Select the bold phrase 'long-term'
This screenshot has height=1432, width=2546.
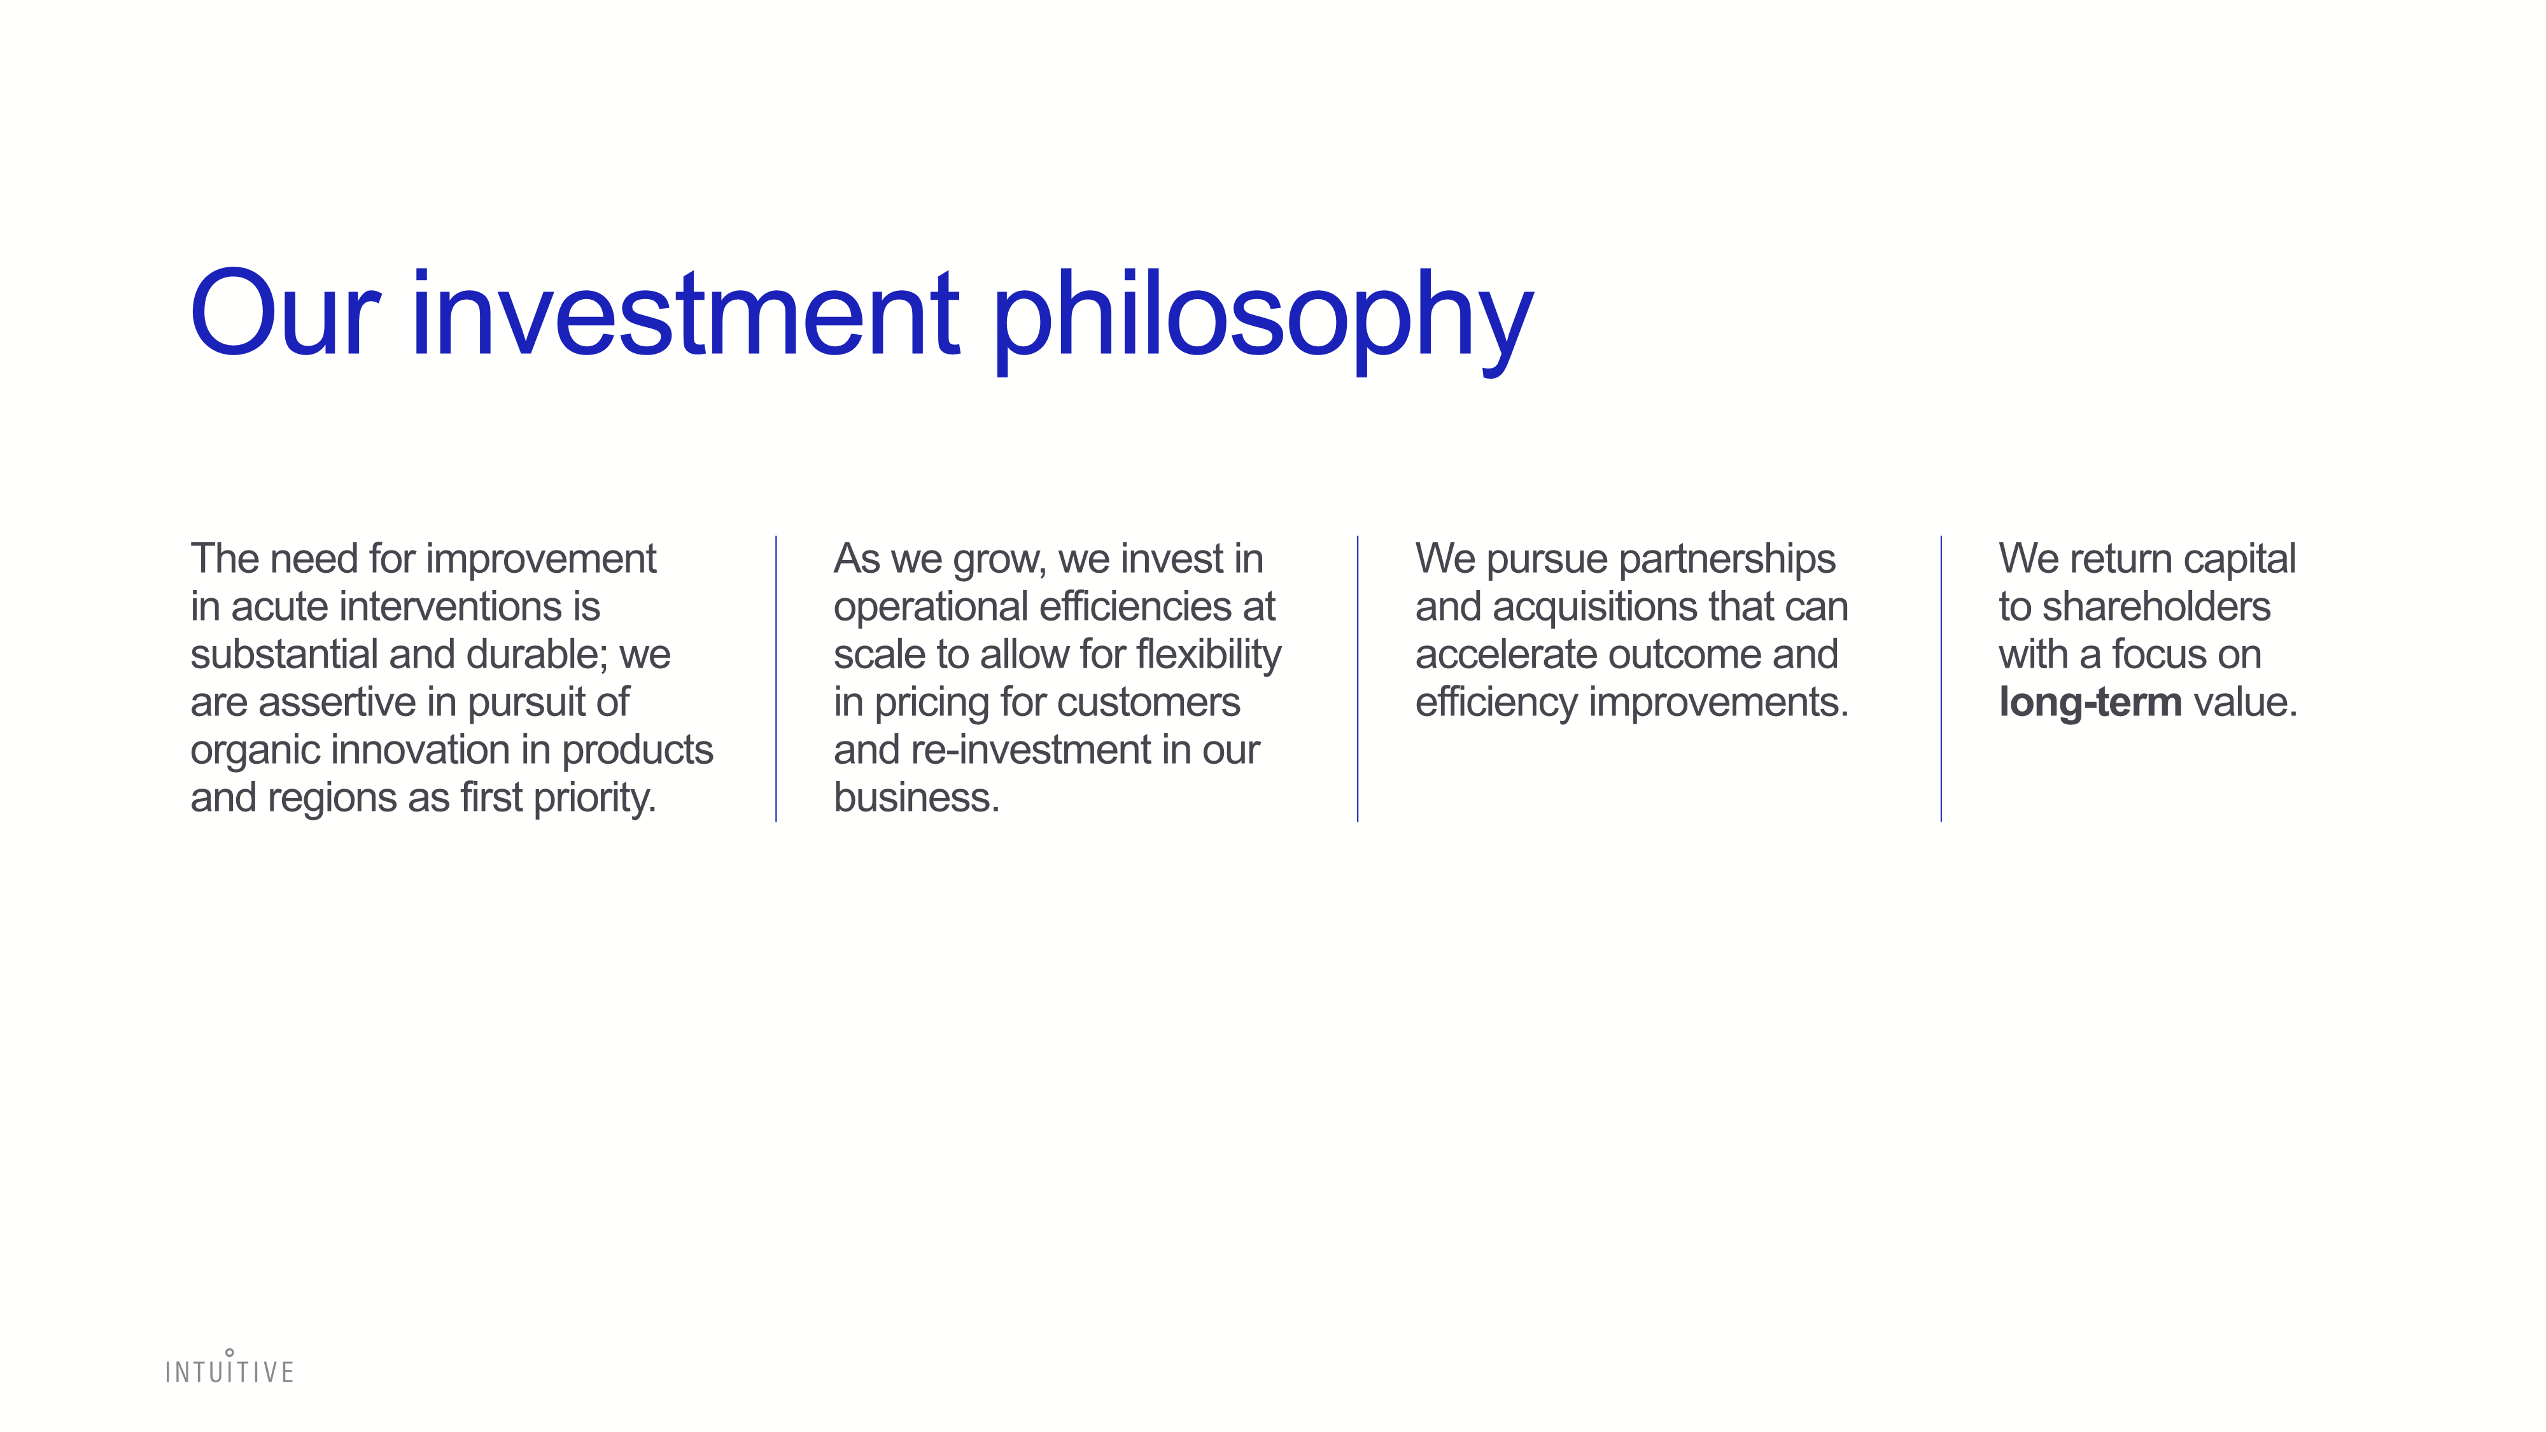[2090, 703]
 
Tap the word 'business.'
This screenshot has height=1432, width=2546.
[916, 797]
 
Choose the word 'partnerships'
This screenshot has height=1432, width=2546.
[1727, 560]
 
